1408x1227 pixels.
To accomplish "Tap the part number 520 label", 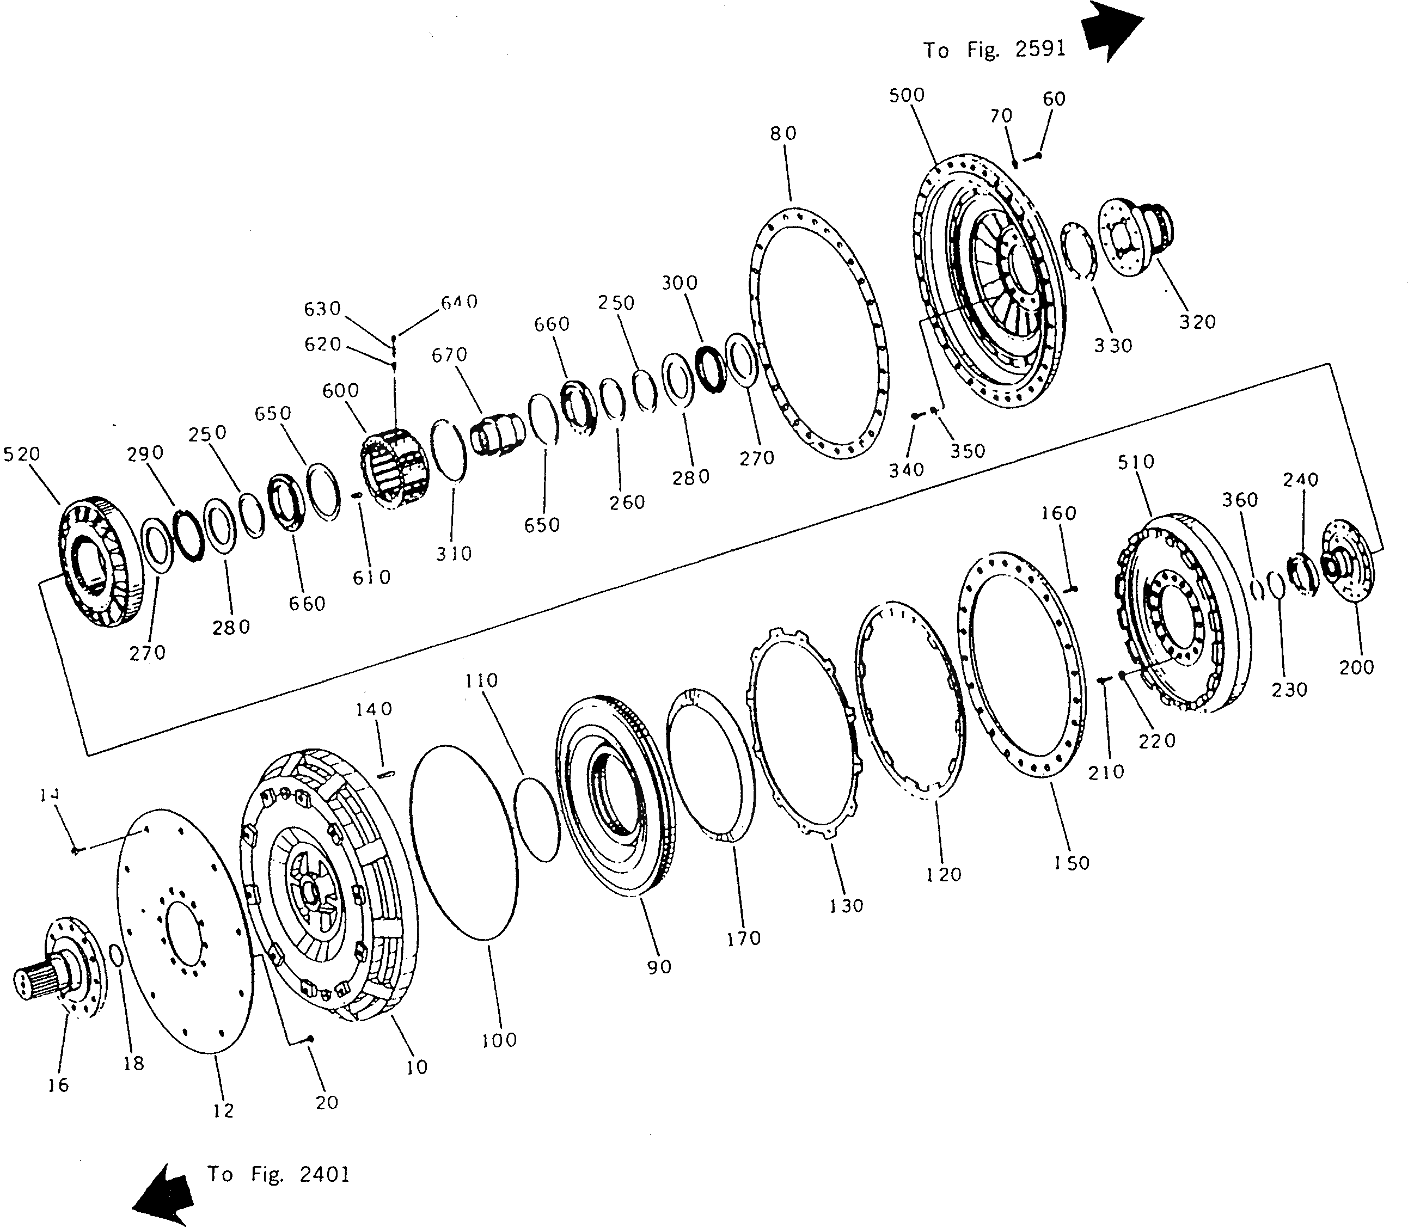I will tap(22, 454).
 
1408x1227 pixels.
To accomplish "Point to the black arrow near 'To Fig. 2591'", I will tap(1111, 31).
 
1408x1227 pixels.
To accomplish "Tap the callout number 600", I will tap(340, 391).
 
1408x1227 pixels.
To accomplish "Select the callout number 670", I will tap(449, 355).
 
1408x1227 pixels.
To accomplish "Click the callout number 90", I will tap(659, 967).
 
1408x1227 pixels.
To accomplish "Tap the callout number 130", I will tap(847, 906).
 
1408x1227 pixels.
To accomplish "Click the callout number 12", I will tap(223, 1110).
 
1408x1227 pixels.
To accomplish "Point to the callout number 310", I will tap(454, 553).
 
